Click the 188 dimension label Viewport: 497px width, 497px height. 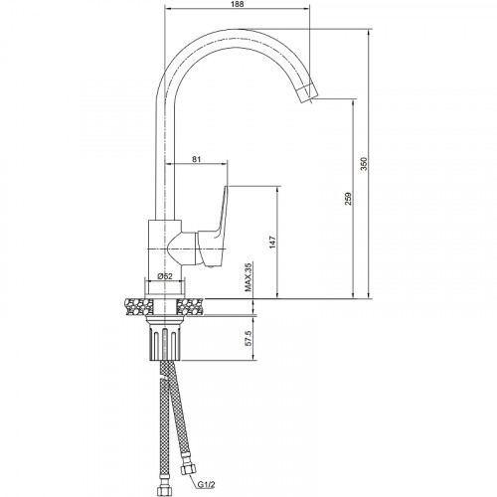click(238, 4)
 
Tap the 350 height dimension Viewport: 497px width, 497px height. click(364, 164)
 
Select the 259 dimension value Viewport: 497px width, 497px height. click(348, 199)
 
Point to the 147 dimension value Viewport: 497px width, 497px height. click(272, 243)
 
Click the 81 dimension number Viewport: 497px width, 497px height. click(197, 159)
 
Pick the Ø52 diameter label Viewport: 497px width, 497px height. click(165, 276)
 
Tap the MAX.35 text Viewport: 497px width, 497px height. click(248, 277)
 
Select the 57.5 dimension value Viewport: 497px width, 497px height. click(248, 338)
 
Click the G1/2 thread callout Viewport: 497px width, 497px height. click(207, 485)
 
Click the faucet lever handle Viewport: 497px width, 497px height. click(215, 229)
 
